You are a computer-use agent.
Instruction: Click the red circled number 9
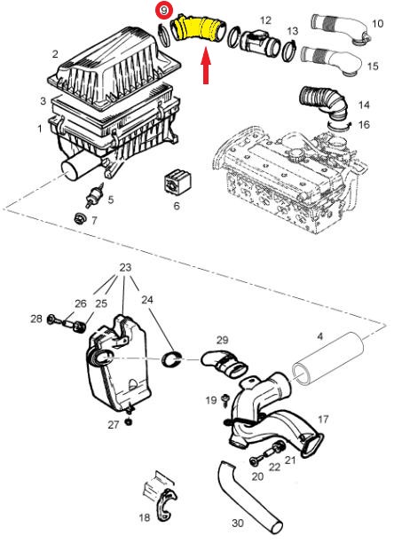pos(163,11)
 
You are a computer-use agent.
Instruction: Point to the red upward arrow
pos(206,66)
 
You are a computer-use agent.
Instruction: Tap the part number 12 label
pos(265,20)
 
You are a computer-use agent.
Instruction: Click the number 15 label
pos(373,66)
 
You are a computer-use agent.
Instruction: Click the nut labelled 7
pos(80,218)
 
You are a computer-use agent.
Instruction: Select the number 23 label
pos(125,267)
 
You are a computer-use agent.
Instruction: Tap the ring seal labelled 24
pos(172,359)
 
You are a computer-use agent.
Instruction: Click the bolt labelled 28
pos(53,319)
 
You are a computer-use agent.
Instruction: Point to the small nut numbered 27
pos(130,421)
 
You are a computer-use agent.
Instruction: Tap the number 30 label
pos(238,523)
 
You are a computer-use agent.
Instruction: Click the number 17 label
pos(323,420)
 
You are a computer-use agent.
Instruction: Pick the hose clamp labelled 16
pos(339,126)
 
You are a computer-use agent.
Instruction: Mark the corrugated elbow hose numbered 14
pos(324,101)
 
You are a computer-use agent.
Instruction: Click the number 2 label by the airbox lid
pos(55,53)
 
